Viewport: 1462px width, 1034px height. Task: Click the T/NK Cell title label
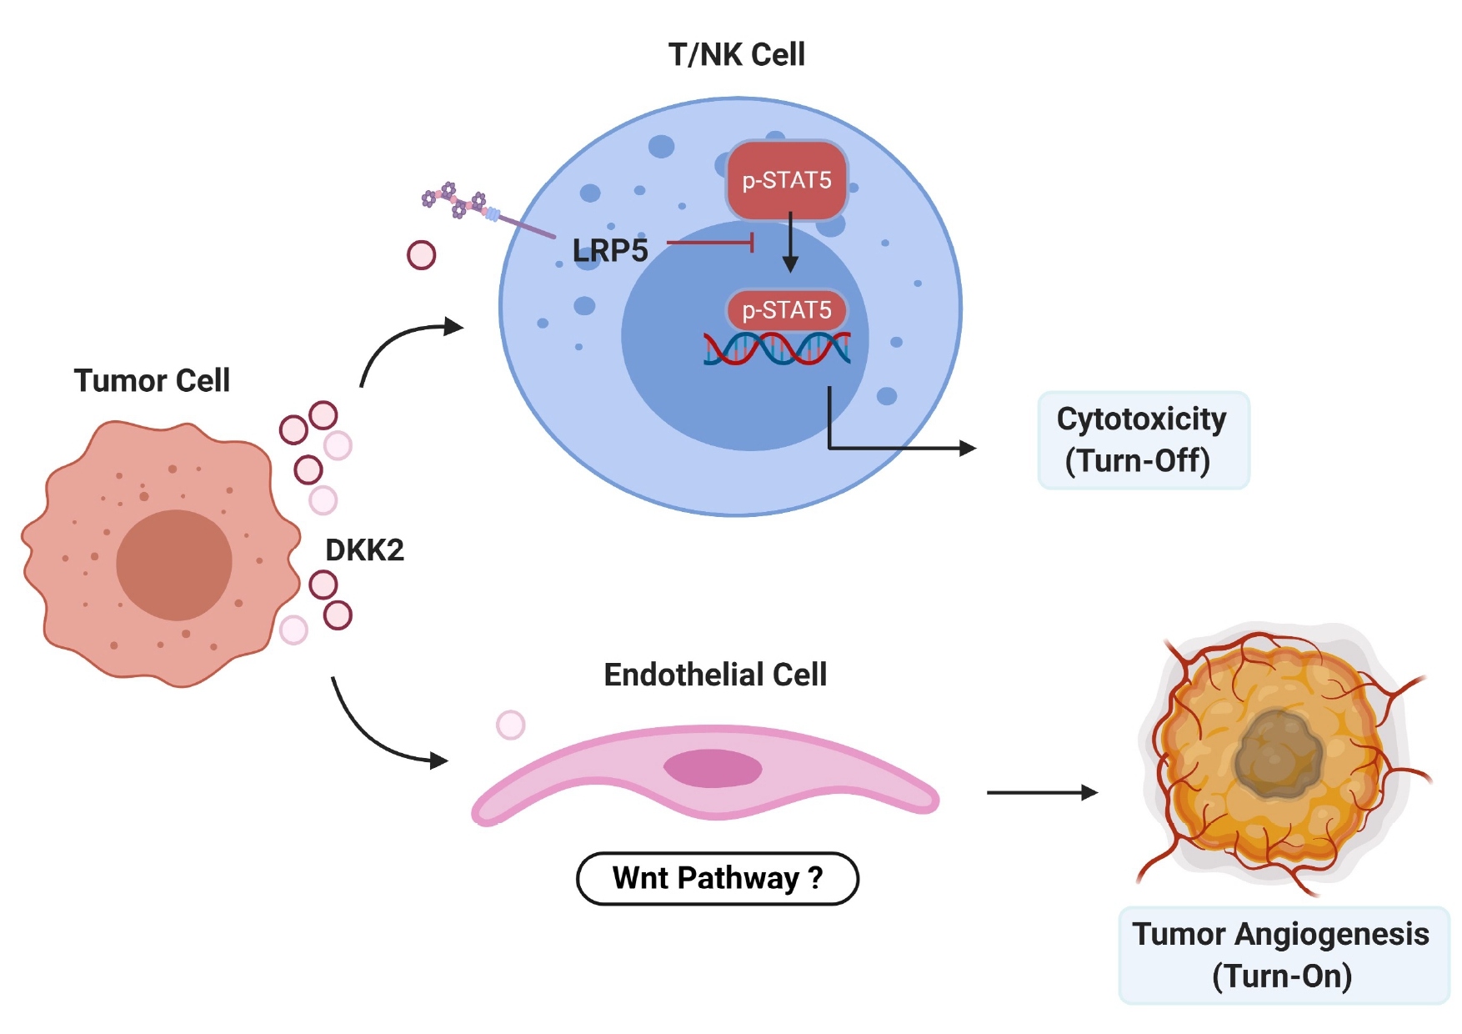tap(736, 55)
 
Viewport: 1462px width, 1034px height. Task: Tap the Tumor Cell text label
tap(152, 381)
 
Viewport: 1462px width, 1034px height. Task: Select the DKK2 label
tap(364, 550)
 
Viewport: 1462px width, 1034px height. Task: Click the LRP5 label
tap(610, 250)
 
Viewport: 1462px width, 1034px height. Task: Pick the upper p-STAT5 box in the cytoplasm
tap(787, 180)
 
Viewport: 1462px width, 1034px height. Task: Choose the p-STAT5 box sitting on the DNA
tap(787, 310)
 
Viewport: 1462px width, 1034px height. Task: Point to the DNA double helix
tap(777, 349)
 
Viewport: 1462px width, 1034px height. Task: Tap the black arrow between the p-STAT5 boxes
tap(790, 242)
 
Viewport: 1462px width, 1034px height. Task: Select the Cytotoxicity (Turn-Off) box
tap(1143, 439)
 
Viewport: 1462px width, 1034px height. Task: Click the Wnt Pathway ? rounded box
tap(717, 878)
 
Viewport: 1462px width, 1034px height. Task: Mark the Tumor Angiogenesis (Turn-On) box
tap(1282, 955)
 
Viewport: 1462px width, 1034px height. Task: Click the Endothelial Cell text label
tap(715, 675)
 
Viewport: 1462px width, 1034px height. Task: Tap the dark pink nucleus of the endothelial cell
tap(713, 768)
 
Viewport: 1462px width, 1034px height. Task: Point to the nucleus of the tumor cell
tap(173, 565)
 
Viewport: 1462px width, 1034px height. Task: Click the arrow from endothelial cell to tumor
tap(1042, 792)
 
